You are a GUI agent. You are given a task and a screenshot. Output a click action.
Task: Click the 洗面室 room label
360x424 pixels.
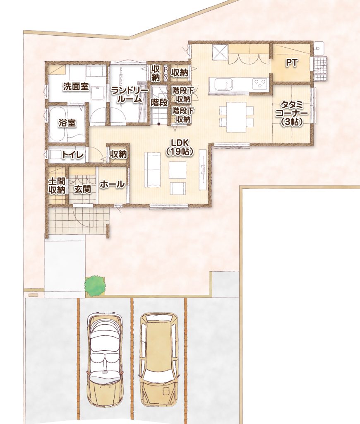tap(76, 87)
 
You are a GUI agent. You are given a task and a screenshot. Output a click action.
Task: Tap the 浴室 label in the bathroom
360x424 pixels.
tap(67, 123)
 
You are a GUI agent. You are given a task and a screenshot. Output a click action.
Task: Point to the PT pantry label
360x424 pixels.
tap(292, 63)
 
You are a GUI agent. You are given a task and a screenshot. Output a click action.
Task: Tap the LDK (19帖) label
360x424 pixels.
tap(180, 147)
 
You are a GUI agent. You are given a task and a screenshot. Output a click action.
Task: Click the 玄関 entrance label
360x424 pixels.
tap(82, 189)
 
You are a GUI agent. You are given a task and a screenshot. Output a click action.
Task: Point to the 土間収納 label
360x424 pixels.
tap(57, 186)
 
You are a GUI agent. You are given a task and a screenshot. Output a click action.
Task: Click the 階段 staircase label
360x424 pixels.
tap(159, 103)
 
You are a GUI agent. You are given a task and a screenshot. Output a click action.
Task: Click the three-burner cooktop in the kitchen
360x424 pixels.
tap(260, 83)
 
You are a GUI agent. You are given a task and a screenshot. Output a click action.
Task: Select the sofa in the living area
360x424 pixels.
tap(153, 170)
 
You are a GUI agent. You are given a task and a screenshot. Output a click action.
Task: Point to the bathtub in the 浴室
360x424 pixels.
tap(59, 125)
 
